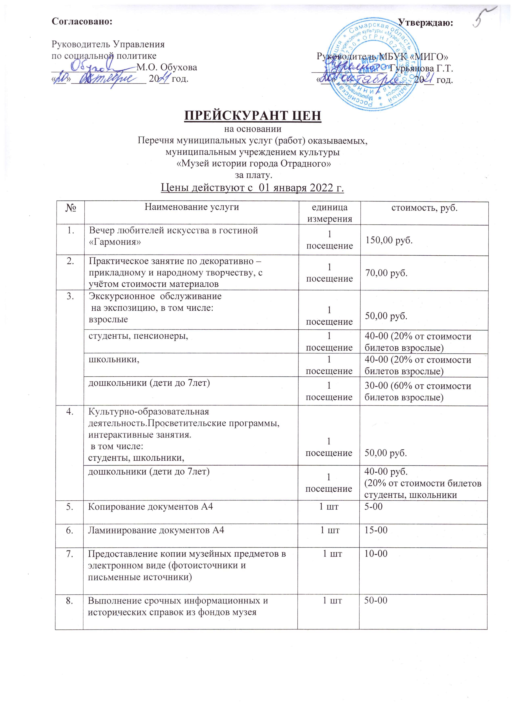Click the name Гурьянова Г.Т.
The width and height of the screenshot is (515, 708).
coord(422,68)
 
